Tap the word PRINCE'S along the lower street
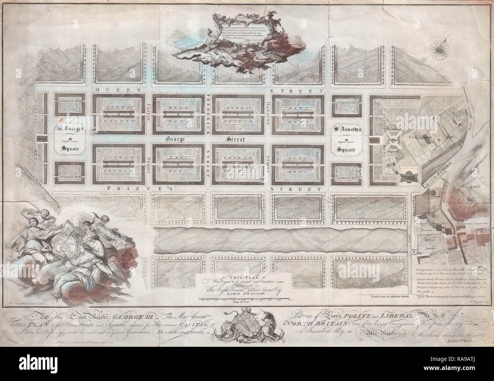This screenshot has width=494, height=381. (129, 188)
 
